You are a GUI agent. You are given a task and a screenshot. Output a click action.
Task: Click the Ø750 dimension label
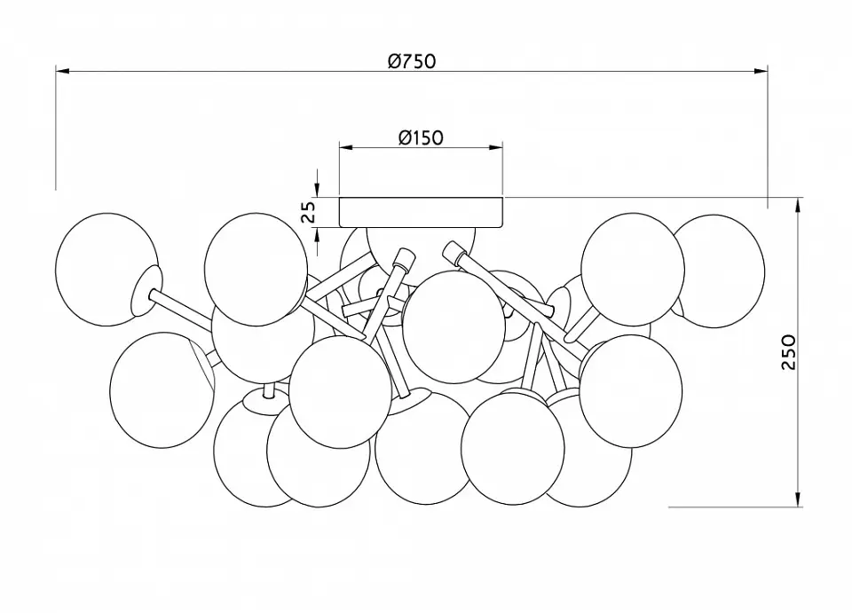pos(412,61)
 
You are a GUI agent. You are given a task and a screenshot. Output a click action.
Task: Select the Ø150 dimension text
pos(421,138)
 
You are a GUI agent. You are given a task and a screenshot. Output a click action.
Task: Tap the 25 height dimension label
pos(308,212)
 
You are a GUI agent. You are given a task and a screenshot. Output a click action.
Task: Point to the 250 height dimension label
pos(788,352)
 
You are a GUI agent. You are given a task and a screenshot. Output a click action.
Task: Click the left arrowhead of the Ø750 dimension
pos(62,71)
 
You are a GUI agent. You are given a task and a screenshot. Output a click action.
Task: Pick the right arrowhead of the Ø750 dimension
pos(761,71)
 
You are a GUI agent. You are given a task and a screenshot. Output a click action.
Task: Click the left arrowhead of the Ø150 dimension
pos(347,147)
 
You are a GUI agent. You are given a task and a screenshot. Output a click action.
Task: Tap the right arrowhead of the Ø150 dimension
pos(495,147)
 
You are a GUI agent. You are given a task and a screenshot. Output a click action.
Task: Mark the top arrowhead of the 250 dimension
pos(798,205)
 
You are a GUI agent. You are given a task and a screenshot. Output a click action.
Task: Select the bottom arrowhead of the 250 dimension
pos(798,499)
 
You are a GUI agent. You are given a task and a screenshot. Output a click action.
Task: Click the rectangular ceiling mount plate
pos(421,212)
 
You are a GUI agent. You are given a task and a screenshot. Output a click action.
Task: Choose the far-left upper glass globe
pos(107,270)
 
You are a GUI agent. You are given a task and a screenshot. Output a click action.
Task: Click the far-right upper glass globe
pos(714,271)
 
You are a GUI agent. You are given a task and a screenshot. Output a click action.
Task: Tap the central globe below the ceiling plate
pos(454,326)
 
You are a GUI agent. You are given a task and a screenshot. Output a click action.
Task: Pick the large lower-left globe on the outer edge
pos(162,389)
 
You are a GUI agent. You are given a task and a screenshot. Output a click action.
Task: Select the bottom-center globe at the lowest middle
pos(422,448)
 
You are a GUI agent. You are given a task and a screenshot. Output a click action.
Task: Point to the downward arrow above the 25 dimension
pos(317,183)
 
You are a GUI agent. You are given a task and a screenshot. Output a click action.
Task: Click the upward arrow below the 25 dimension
pos(317,240)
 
